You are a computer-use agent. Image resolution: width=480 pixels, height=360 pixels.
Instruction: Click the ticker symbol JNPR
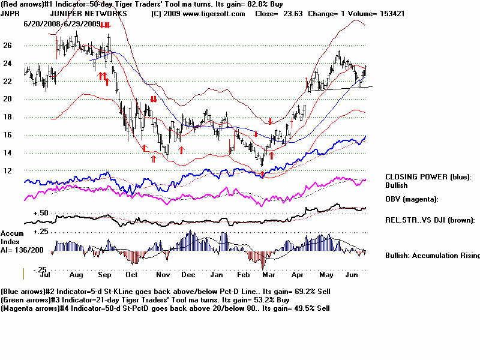pyautogui.click(x=9, y=13)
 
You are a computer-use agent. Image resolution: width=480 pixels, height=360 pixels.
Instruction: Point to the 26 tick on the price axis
pyautogui.click(x=7, y=45)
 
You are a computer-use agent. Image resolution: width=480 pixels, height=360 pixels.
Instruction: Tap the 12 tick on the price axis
pyautogui.click(x=7, y=171)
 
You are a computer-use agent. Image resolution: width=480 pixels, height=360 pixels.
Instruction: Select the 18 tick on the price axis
pyautogui.click(x=7, y=117)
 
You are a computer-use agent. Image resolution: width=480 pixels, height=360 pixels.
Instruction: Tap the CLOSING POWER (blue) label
pyautogui.click(x=428, y=177)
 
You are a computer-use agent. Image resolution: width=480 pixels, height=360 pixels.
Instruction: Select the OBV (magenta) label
pyautogui.click(x=412, y=199)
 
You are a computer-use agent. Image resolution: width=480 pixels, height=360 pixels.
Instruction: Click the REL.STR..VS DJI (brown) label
pyautogui.click(x=430, y=220)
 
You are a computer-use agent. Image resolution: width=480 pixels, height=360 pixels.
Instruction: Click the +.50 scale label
pyautogui.click(x=40, y=213)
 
